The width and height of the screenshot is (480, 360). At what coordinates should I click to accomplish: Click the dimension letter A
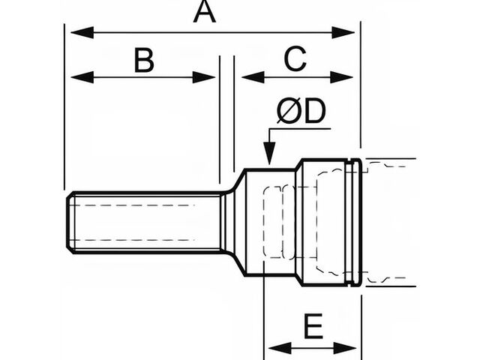(205, 13)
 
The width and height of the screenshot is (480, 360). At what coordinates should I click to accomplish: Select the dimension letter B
(144, 60)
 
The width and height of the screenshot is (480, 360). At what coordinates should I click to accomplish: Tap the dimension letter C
(295, 59)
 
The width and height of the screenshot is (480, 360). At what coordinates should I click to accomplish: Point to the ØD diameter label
(301, 112)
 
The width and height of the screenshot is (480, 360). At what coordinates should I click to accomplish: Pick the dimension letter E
(313, 327)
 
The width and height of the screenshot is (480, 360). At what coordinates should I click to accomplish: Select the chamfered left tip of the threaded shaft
(70, 223)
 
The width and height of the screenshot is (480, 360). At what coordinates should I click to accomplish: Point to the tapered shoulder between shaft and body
(236, 223)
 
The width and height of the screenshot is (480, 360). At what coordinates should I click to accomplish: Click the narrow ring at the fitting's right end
(356, 223)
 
